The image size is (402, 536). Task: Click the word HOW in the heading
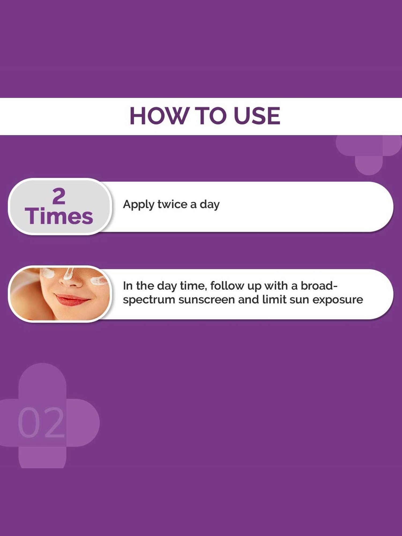tap(159, 116)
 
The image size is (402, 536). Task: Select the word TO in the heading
tap(210, 116)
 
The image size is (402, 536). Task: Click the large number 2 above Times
tap(59, 196)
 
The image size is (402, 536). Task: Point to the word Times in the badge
tap(59, 216)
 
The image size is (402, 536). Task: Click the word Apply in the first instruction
tap(138, 205)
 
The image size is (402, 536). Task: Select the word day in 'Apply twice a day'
tap(210, 205)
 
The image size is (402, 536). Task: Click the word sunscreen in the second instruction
tap(207, 299)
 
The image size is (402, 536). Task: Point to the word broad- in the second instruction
tap(319, 286)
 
